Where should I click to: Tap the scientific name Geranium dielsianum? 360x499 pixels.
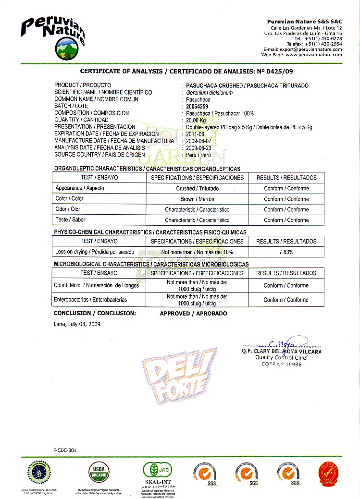(x=206, y=92)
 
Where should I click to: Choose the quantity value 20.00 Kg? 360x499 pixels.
(x=196, y=120)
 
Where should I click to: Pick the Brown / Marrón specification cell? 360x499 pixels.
(x=197, y=199)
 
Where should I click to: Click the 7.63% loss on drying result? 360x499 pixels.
(x=286, y=252)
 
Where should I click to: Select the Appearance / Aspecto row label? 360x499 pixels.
(x=80, y=188)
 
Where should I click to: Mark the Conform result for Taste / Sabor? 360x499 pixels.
(x=286, y=220)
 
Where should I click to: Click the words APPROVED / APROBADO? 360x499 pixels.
(x=193, y=313)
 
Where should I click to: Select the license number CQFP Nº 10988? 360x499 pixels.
(x=281, y=365)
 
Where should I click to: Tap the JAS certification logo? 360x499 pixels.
(x=159, y=471)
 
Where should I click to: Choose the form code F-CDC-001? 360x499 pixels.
(x=64, y=450)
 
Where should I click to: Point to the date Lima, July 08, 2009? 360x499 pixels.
(x=77, y=324)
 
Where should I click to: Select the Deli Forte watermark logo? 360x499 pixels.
(x=178, y=377)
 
